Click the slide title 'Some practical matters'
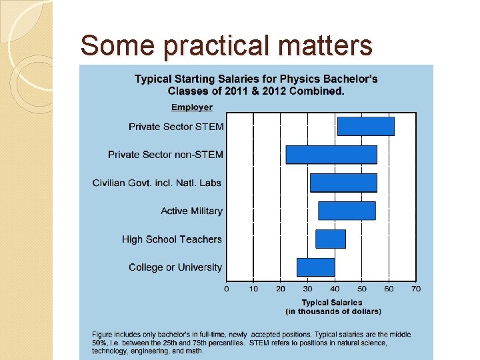[x=225, y=45]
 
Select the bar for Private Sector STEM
[x=365, y=126]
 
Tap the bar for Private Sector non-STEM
[x=331, y=154]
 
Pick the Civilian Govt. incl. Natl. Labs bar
[x=343, y=183]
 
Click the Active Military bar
[x=346, y=211]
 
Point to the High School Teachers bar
[x=330, y=239]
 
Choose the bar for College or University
[x=315, y=267]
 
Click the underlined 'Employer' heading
[x=191, y=107]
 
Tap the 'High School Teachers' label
[x=172, y=239]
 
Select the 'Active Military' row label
[x=191, y=211]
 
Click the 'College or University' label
[x=175, y=267]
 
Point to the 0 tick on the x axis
[x=226, y=289]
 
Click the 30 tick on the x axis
[x=307, y=289]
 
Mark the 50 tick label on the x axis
[x=361, y=289]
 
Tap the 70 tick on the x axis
[x=415, y=289]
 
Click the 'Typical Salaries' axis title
[x=332, y=303]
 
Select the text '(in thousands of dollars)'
[x=333, y=311]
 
